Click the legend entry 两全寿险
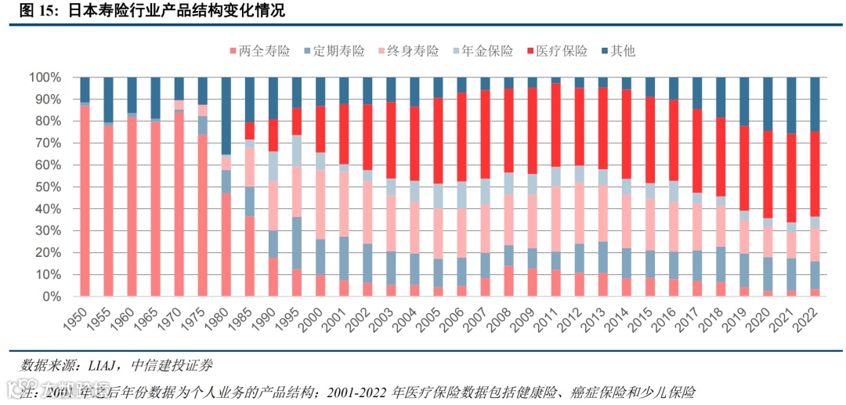(262, 51)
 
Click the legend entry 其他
(622, 51)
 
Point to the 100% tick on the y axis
(44, 78)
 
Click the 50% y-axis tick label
(47, 187)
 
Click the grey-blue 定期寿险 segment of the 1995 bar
(297, 243)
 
